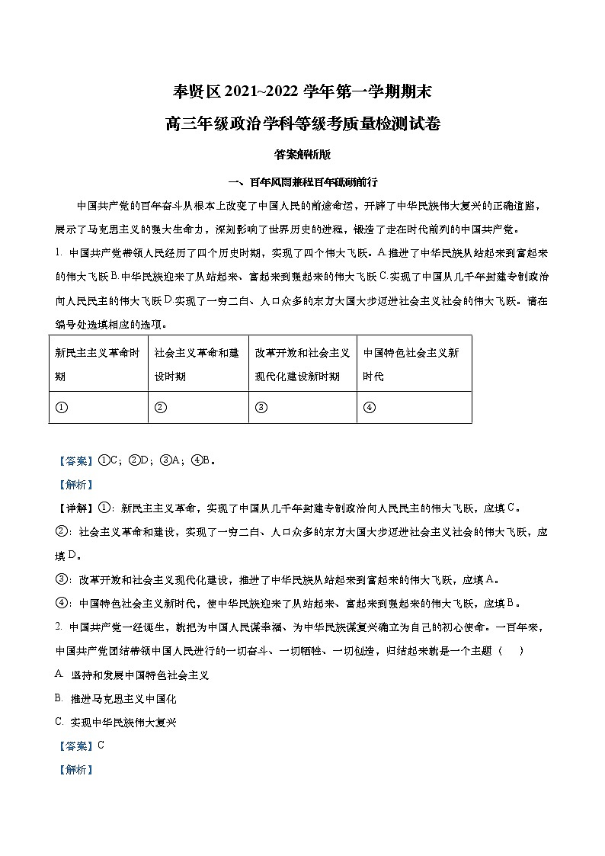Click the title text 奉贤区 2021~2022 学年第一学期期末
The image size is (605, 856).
coord(302,93)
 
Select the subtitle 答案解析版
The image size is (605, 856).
coord(302,154)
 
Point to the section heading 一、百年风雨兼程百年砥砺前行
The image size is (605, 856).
coord(302,183)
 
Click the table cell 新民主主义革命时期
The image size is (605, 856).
coord(98,364)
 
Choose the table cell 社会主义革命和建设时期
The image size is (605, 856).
coord(197,364)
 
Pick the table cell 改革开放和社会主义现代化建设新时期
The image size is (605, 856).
coord(302,364)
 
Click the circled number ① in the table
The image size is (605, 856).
coord(61,407)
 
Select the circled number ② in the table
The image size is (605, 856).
coord(160,407)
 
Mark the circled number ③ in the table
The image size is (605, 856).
coord(261,407)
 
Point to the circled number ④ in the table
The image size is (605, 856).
coord(369,407)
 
